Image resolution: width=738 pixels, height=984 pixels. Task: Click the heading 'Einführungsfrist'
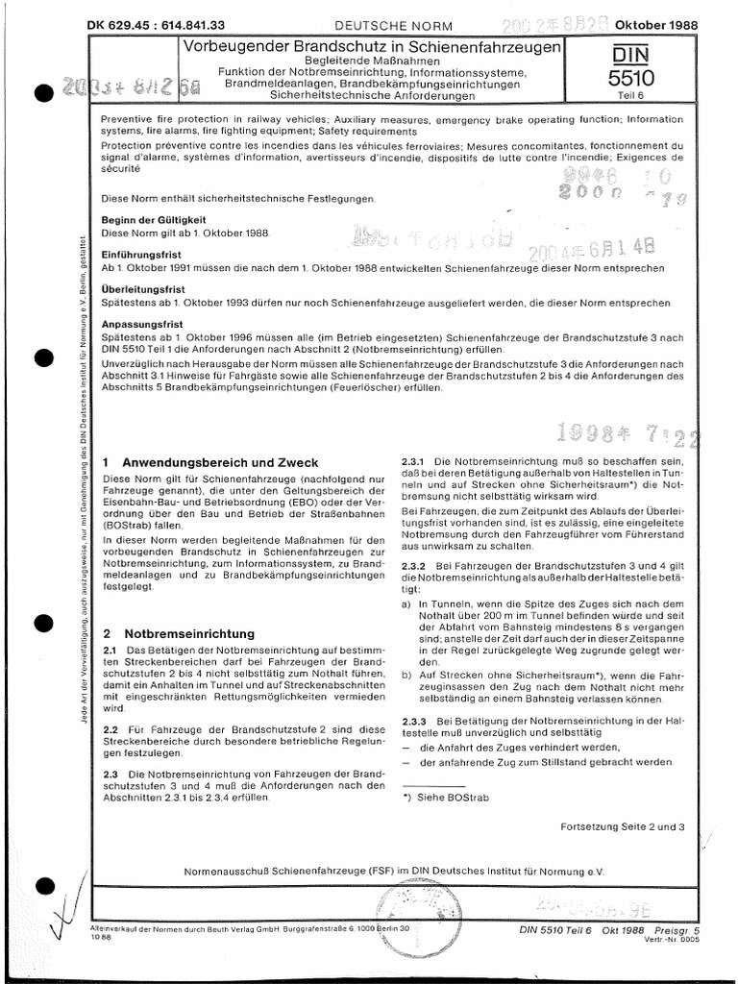[x=135, y=254]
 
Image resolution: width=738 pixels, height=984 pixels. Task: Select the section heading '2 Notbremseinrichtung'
[x=179, y=634]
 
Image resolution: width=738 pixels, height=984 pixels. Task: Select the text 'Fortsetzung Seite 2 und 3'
[x=623, y=826]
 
